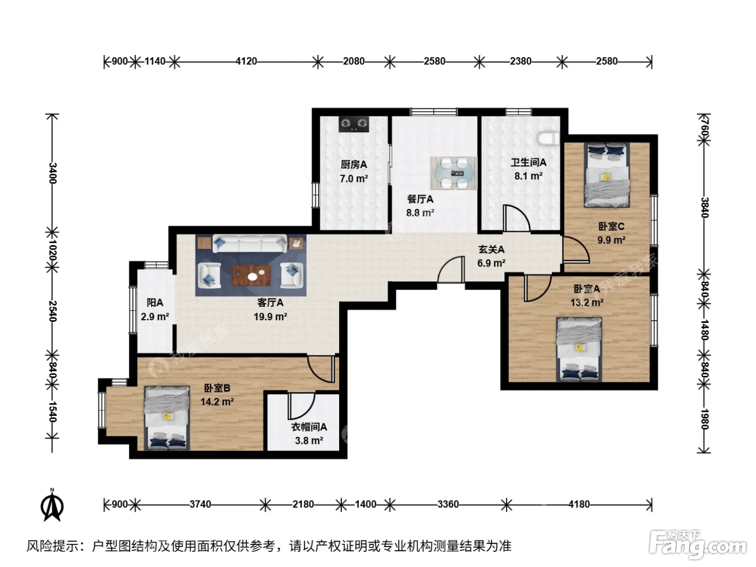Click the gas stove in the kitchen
[x=353, y=124]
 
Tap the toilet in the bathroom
[x=548, y=138]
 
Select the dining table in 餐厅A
[x=454, y=173]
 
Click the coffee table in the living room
[x=251, y=275]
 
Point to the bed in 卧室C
[x=607, y=175]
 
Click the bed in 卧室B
[x=167, y=417]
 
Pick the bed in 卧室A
[x=579, y=349]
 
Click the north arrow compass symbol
[x=52, y=505]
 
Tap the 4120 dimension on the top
[x=246, y=61]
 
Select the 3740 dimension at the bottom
[x=200, y=504]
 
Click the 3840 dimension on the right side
[x=704, y=207]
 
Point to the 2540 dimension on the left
[x=52, y=311]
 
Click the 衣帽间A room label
[x=309, y=427]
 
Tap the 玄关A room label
[x=491, y=249]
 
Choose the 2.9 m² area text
[x=154, y=316]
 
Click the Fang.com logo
[x=697, y=545]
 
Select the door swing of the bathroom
[x=516, y=218]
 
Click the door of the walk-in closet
[x=302, y=406]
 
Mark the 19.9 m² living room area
[x=271, y=316]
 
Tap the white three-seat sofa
[x=249, y=244]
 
